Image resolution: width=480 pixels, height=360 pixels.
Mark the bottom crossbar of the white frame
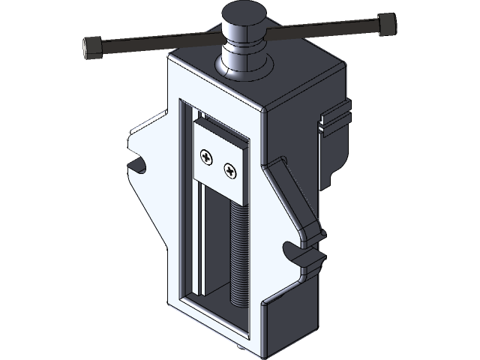(217, 322)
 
